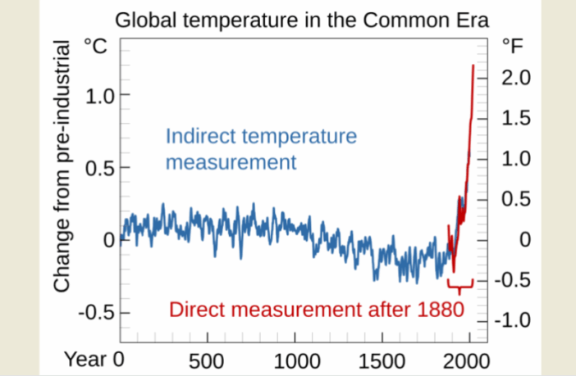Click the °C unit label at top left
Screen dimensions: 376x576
96,48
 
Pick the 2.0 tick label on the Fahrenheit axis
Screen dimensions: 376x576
516,78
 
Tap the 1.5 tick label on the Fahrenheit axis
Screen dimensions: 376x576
516,119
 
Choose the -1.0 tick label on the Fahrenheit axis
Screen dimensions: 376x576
513,320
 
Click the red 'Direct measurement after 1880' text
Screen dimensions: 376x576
316,310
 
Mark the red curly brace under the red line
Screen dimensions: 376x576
460,287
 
